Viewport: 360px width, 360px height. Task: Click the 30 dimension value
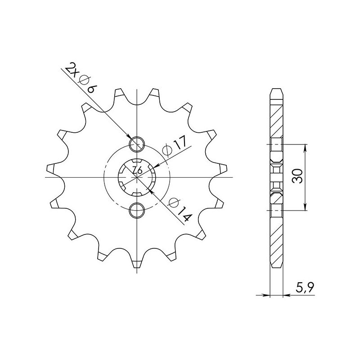click(x=297, y=177)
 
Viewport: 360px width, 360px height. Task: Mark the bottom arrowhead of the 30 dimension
click(x=306, y=206)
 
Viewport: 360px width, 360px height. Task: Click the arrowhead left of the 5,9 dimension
click(x=265, y=296)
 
